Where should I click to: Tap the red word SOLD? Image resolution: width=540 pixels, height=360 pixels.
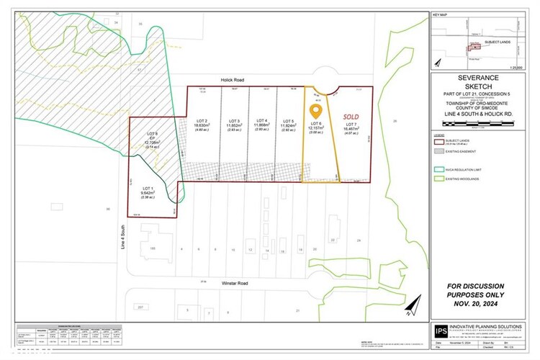point(352,115)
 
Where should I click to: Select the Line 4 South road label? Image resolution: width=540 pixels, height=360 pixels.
point(122,238)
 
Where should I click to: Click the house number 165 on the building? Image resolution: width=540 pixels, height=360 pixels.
point(152,248)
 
